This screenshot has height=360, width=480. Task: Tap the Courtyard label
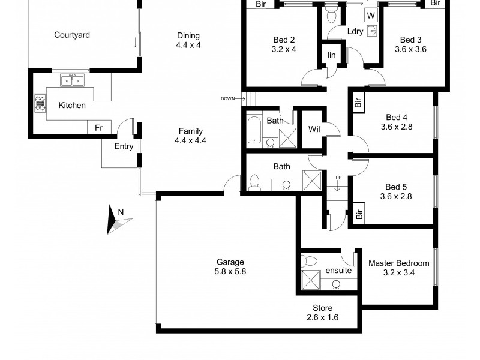coord(72,35)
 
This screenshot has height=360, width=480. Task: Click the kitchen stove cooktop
coord(40,103)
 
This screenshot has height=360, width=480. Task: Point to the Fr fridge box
coord(99,128)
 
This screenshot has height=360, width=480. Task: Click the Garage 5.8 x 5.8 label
coord(230,266)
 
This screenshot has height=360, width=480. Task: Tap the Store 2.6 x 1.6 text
coord(322,313)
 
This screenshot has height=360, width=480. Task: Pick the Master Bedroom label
coord(398,268)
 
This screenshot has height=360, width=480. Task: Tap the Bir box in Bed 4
coord(358,103)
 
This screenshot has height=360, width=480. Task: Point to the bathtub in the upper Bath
coord(254,132)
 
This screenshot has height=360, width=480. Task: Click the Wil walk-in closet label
coord(314,129)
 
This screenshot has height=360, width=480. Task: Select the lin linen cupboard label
coord(331,55)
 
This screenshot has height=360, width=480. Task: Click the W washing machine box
coord(371,14)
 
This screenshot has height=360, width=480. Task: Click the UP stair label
coord(338,178)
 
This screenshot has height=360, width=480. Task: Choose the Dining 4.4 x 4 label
coord(188,40)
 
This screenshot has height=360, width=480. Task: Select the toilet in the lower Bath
coord(254,182)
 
